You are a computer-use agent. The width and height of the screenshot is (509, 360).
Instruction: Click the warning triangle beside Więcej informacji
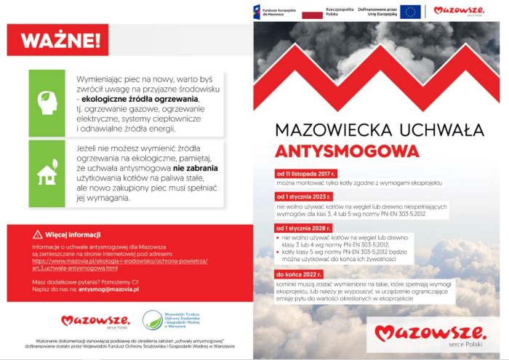point(37,235)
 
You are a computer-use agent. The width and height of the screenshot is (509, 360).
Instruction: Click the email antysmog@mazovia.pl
point(108,289)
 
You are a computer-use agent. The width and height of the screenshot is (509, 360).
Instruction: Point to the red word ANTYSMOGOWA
point(347,151)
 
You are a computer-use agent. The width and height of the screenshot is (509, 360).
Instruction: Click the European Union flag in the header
point(410,12)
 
